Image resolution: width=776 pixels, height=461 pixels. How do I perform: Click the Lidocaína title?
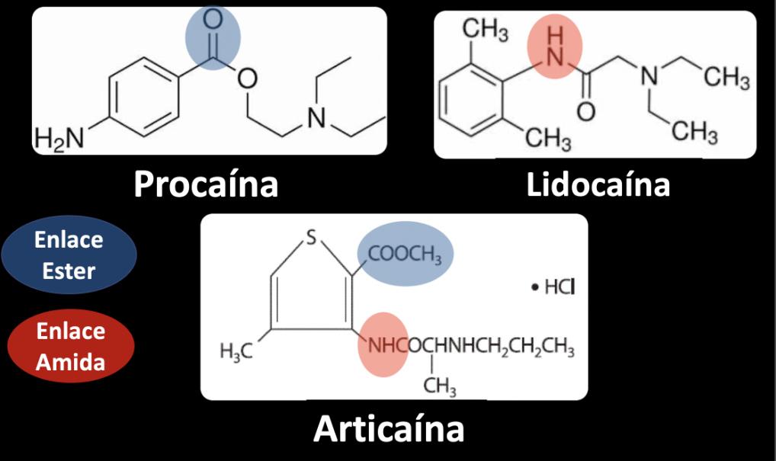pyautogui.click(x=598, y=184)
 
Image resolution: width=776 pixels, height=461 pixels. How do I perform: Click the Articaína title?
pyautogui.click(x=389, y=429)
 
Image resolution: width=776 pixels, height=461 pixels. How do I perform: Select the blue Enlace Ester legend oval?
pyautogui.click(x=69, y=255)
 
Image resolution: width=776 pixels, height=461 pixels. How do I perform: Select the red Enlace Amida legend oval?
pyautogui.click(x=70, y=347)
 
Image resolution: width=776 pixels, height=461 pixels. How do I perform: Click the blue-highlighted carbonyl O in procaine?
pyautogui.click(x=213, y=21)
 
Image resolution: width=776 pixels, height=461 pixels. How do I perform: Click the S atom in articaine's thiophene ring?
pyautogui.click(x=311, y=239)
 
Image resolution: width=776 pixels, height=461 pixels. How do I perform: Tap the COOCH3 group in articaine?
pyautogui.click(x=406, y=255)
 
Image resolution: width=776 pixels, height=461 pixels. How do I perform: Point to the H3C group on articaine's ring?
pyautogui.click(x=236, y=351)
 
